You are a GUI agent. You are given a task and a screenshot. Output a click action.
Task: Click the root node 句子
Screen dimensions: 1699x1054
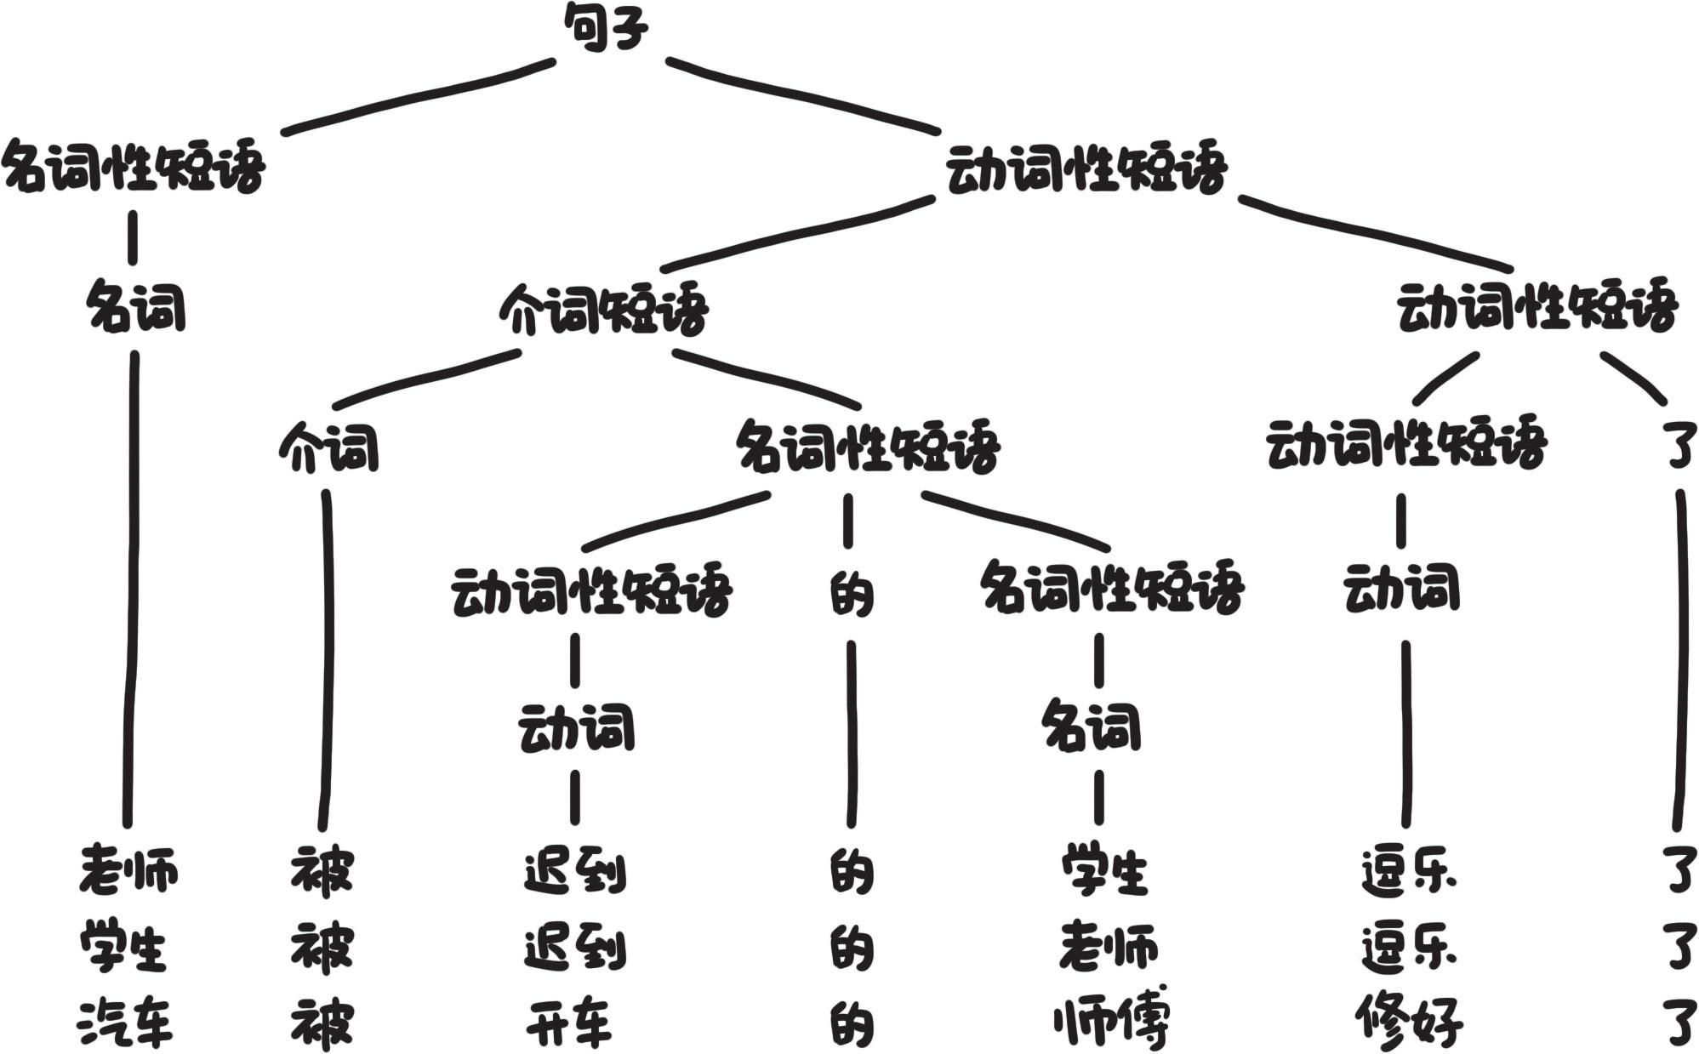click(606, 28)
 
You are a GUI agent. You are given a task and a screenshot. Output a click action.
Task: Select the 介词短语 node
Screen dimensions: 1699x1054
click(603, 309)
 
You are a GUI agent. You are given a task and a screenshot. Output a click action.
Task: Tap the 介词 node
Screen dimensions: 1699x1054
click(328, 448)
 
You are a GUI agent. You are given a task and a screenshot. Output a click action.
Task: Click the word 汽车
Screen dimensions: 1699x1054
click(126, 1023)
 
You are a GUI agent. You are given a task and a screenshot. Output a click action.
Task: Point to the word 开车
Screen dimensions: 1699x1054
click(568, 1023)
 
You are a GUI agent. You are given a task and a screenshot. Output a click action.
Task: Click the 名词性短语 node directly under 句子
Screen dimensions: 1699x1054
click(134, 168)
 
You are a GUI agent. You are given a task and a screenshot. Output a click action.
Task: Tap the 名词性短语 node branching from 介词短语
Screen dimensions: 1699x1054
click(867, 447)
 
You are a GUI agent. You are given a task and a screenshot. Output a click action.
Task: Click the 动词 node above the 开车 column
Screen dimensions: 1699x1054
click(576, 728)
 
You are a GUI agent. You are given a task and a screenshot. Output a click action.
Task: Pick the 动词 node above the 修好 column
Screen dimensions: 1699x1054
click(1401, 588)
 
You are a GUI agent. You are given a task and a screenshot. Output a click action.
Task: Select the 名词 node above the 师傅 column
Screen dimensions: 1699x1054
click(1092, 727)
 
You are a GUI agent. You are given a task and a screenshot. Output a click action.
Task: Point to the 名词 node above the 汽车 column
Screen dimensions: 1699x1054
click(136, 308)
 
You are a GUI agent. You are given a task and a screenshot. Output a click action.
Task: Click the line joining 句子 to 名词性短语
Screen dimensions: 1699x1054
click(417, 96)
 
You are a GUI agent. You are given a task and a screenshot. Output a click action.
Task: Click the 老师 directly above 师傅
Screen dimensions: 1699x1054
click(1108, 947)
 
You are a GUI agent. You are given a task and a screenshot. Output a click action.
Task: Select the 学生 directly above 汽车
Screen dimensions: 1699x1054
click(123, 947)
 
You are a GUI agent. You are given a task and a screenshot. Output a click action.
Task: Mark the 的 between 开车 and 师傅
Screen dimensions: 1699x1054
click(851, 1023)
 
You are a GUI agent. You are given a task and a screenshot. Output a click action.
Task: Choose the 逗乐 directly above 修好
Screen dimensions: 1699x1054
click(1408, 947)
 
